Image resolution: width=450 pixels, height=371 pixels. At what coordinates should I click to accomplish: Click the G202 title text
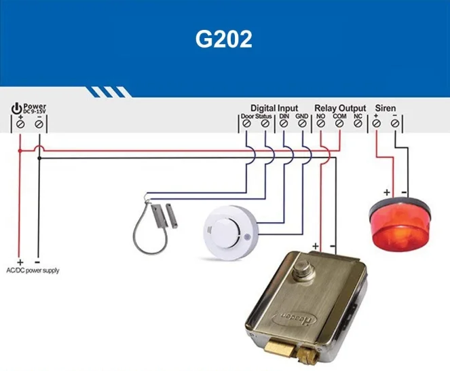[x=224, y=39]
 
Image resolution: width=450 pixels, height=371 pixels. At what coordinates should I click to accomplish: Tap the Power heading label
[x=35, y=107]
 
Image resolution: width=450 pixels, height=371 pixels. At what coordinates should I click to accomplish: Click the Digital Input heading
[x=274, y=108]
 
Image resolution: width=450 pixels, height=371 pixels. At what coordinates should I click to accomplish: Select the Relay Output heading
[x=339, y=108]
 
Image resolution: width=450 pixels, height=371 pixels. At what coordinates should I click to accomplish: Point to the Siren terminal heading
[x=385, y=108]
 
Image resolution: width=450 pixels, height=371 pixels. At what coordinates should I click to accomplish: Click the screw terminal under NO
[x=321, y=124]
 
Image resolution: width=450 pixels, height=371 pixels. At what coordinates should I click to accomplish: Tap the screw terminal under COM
[x=339, y=124]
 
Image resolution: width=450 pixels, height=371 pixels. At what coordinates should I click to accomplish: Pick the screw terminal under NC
[x=358, y=124]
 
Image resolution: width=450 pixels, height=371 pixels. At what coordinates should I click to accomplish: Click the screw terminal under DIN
[x=284, y=124]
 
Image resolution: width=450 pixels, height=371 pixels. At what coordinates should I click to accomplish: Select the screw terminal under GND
[x=302, y=124]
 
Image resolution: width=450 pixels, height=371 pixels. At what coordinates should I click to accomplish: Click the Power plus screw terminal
[x=21, y=124]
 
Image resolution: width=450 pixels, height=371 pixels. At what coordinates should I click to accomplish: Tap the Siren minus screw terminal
[x=395, y=124]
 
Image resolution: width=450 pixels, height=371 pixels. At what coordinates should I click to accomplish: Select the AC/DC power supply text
[x=32, y=270]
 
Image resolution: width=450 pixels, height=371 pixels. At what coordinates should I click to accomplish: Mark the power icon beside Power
[x=16, y=108]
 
